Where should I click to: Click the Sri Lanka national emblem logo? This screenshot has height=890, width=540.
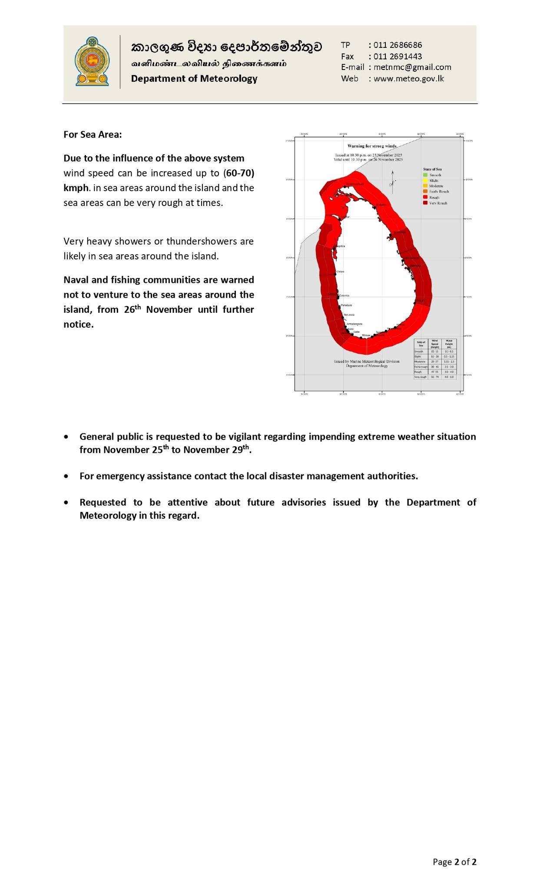coord(92,61)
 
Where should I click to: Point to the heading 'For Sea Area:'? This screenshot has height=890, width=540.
coord(93,134)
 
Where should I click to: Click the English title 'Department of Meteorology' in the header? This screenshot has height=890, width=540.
coord(194,79)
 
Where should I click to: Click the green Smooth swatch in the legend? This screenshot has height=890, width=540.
coord(425,175)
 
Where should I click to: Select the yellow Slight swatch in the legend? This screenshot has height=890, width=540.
coord(425,180)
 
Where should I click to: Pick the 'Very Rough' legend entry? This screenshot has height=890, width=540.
coord(438,203)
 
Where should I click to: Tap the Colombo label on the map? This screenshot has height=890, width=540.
coord(344,296)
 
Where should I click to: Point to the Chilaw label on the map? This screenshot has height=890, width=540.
coord(340,272)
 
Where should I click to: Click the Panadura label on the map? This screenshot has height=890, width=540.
coord(346,305)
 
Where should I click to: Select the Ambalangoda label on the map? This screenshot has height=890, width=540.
coord(354,324)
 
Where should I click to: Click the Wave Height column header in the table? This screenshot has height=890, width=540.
coord(449,344)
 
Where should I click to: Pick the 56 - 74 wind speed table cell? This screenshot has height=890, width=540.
coord(434,377)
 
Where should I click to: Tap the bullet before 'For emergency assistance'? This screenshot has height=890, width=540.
coord(66,476)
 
